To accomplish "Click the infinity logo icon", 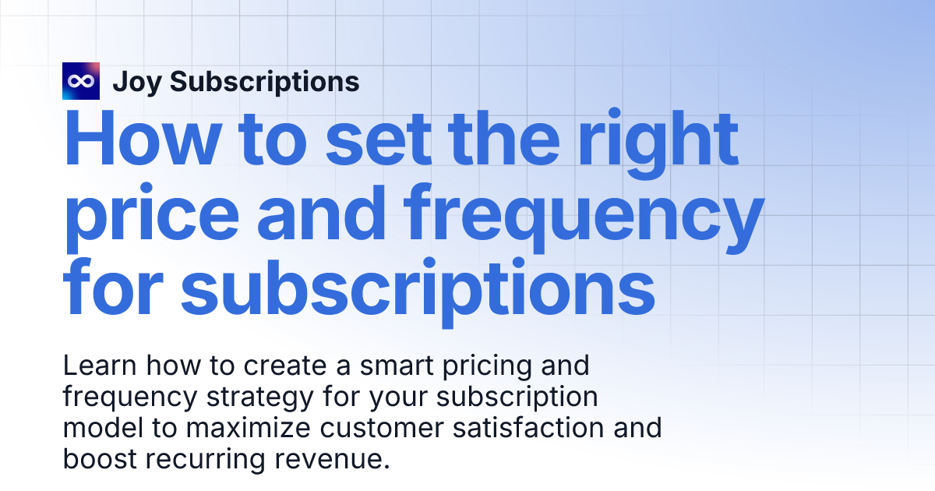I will (81, 81).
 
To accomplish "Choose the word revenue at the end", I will (330, 459).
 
